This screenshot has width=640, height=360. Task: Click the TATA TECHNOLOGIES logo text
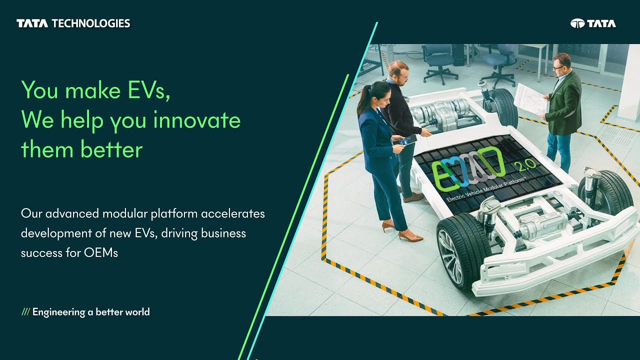pyautogui.click(x=73, y=23)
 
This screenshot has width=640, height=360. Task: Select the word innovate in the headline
pyautogui.click(x=197, y=120)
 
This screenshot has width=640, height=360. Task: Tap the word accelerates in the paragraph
pyautogui.click(x=233, y=214)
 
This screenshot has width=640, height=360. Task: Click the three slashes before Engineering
pyautogui.click(x=25, y=312)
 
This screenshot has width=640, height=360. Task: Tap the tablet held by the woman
pyautogui.click(x=407, y=140)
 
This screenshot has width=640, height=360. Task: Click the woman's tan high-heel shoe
pyautogui.click(x=410, y=236)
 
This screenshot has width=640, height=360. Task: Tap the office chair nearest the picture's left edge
pyautogui.click(x=438, y=60)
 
